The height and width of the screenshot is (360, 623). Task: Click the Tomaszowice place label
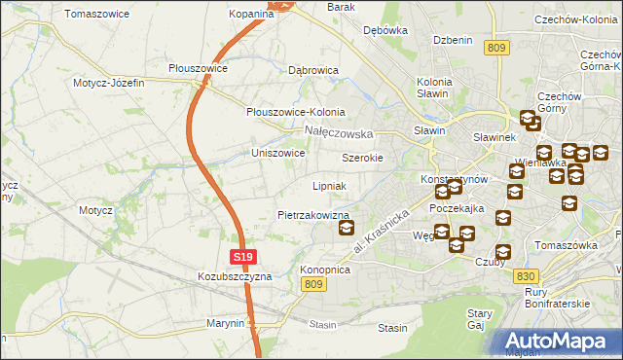coord(98,15)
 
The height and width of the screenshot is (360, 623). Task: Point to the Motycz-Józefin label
coord(108,83)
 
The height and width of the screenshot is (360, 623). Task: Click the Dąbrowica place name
coord(313,71)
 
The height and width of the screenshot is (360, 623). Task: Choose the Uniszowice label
coord(278,154)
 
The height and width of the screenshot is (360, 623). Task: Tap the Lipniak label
coord(330,186)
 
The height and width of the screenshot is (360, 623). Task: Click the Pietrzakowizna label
coord(312,215)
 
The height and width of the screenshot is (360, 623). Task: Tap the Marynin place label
coord(225,323)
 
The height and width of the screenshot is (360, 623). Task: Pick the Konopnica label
coord(325,270)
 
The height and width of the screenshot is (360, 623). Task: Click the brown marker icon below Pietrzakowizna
coord(346,229)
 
